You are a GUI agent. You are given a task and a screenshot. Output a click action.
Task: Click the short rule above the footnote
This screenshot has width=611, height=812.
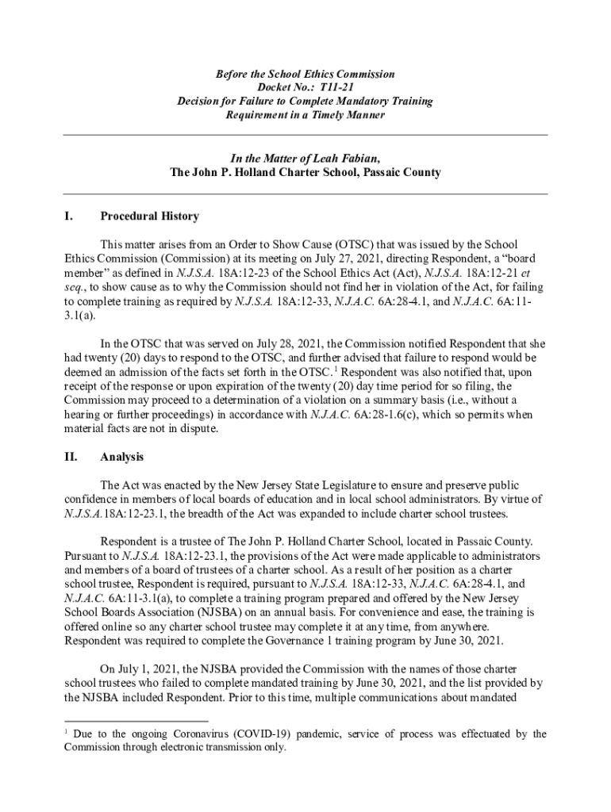(x=135, y=722)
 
